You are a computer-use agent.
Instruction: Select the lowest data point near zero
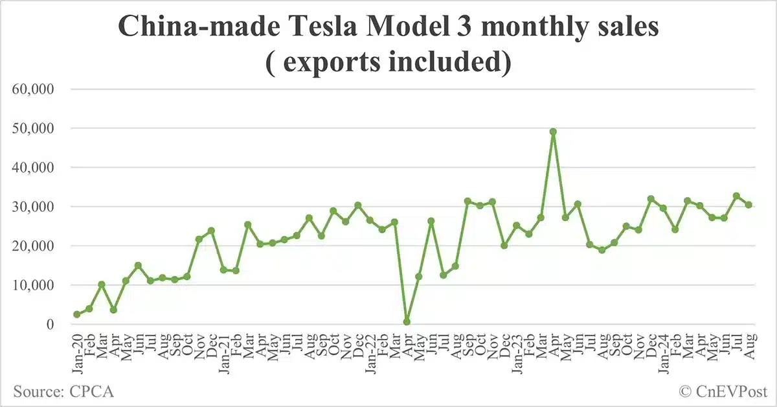coord(407,321)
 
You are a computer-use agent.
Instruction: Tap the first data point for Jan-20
coord(77,314)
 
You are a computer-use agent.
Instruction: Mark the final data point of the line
coord(749,205)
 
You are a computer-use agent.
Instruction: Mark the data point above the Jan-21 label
coord(223,270)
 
